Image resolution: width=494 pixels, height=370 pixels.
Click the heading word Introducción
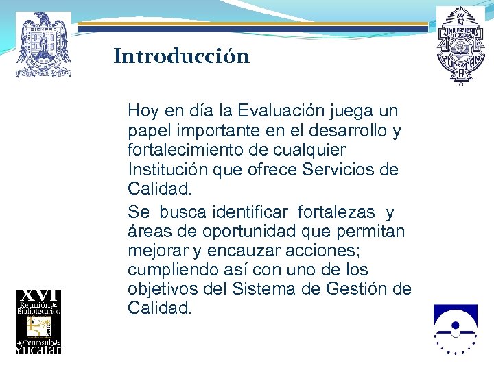click(x=181, y=56)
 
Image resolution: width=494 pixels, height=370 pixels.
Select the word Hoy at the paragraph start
click(x=143, y=110)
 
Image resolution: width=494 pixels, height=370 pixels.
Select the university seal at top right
click(x=460, y=45)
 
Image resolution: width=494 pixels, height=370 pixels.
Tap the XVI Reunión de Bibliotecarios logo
click(x=39, y=321)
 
